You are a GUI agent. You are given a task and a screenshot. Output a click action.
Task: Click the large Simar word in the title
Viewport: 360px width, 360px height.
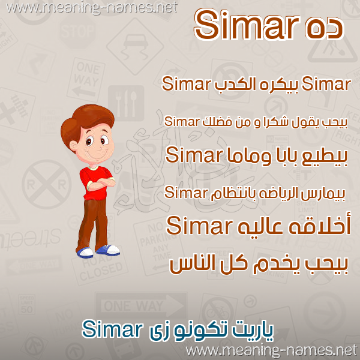247,25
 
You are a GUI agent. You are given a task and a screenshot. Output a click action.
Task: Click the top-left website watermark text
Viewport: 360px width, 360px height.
91,8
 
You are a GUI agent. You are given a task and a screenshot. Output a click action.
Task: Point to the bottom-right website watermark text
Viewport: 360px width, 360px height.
271,350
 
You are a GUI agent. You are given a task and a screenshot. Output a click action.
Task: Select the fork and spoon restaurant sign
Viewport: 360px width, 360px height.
126,103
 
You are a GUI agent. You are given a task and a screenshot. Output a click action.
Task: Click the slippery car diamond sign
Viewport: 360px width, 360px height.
135,46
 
